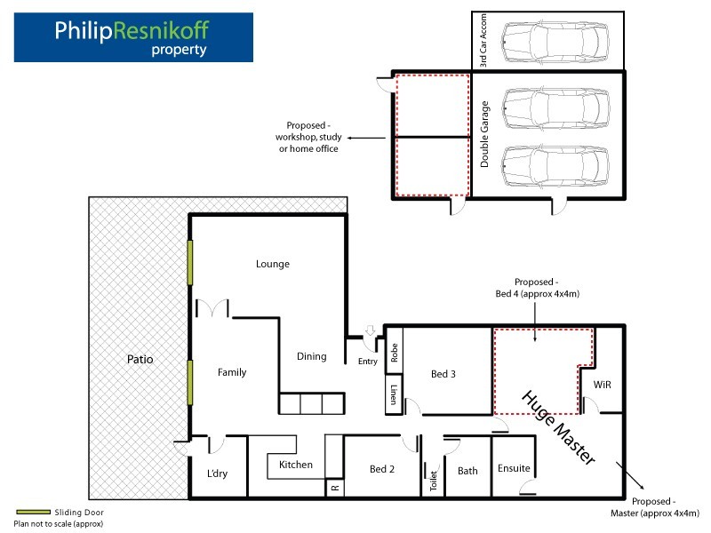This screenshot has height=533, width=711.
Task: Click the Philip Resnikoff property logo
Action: click(x=133, y=37)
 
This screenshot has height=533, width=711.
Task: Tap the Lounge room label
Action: click(x=273, y=264)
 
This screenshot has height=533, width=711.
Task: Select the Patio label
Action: click(x=140, y=360)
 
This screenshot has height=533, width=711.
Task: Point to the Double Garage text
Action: click(x=484, y=134)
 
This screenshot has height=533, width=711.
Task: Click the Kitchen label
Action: click(x=296, y=465)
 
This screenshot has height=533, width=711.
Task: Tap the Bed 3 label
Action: click(x=443, y=374)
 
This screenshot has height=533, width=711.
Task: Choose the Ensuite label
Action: click(x=514, y=468)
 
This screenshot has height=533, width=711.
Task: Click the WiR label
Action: click(x=603, y=385)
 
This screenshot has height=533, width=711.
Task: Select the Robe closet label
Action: click(x=394, y=352)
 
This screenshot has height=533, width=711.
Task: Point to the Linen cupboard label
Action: click(x=394, y=394)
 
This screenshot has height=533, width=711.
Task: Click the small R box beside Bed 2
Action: click(x=335, y=488)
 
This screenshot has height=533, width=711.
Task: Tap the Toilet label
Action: click(x=434, y=481)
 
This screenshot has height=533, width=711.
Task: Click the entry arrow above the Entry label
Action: click(x=371, y=330)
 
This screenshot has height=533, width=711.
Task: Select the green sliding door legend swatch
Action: click(x=33, y=512)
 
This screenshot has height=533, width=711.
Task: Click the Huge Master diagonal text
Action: click(x=559, y=427)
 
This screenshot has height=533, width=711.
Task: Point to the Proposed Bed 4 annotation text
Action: click(x=538, y=288)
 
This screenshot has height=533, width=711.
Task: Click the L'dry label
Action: click(x=217, y=473)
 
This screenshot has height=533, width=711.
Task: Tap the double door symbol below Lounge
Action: click(x=212, y=308)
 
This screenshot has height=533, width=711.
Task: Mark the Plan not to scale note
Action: click(x=59, y=523)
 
